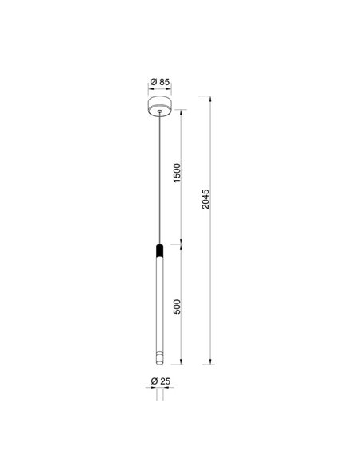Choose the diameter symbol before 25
[x=154, y=383]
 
